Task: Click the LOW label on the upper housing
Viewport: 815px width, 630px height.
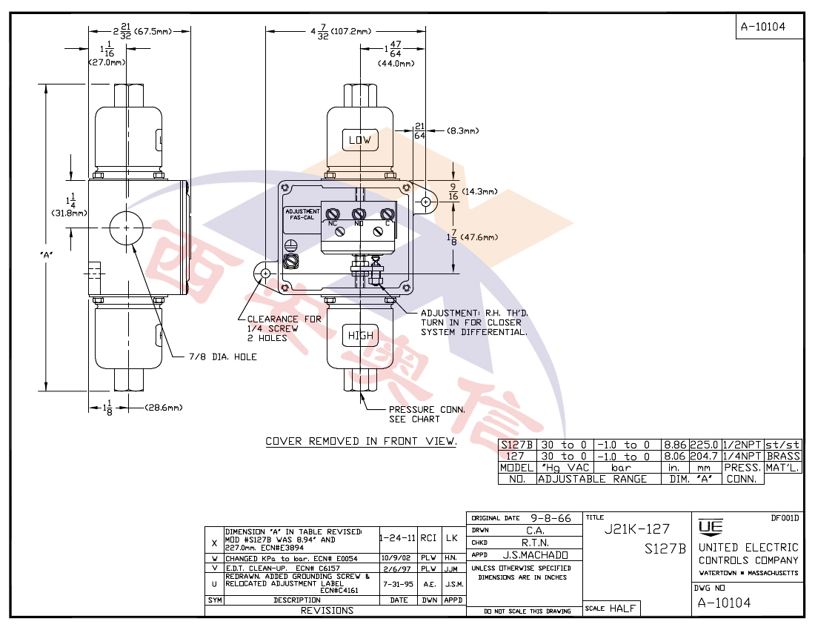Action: pyautogui.click(x=359, y=140)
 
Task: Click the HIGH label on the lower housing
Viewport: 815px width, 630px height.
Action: pyautogui.click(x=361, y=336)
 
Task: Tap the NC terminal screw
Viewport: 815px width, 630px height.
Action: pyautogui.click(x=333, y=214)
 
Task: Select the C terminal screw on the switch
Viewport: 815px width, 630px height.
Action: pyautogui.click(x=385, y=214)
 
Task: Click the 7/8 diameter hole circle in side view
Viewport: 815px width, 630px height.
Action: pyautogui.click(x=126, y=227)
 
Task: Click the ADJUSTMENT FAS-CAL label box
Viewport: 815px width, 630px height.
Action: pyautogui.click(x=301, y=215)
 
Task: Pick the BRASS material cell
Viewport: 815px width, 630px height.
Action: pyautogui.click(x=782, y=457)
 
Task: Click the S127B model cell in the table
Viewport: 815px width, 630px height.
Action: pyautogui.click(x=516, y=445)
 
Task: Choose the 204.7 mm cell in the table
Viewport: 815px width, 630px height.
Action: pyautogui.click(x=704, y=457)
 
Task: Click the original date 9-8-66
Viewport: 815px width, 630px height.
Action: pyautogui.click(x=550, y=518)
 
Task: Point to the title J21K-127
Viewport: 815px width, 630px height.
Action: pyautogui.click(x=637, y=529)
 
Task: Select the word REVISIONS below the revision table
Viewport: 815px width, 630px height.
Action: pyautogui.click(x=327, y=611)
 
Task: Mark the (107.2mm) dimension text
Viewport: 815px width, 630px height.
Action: pyautogui.click(x=351, y=32)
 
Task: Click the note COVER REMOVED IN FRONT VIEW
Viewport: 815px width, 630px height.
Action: pyautogui.click(x=361, y=442)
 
